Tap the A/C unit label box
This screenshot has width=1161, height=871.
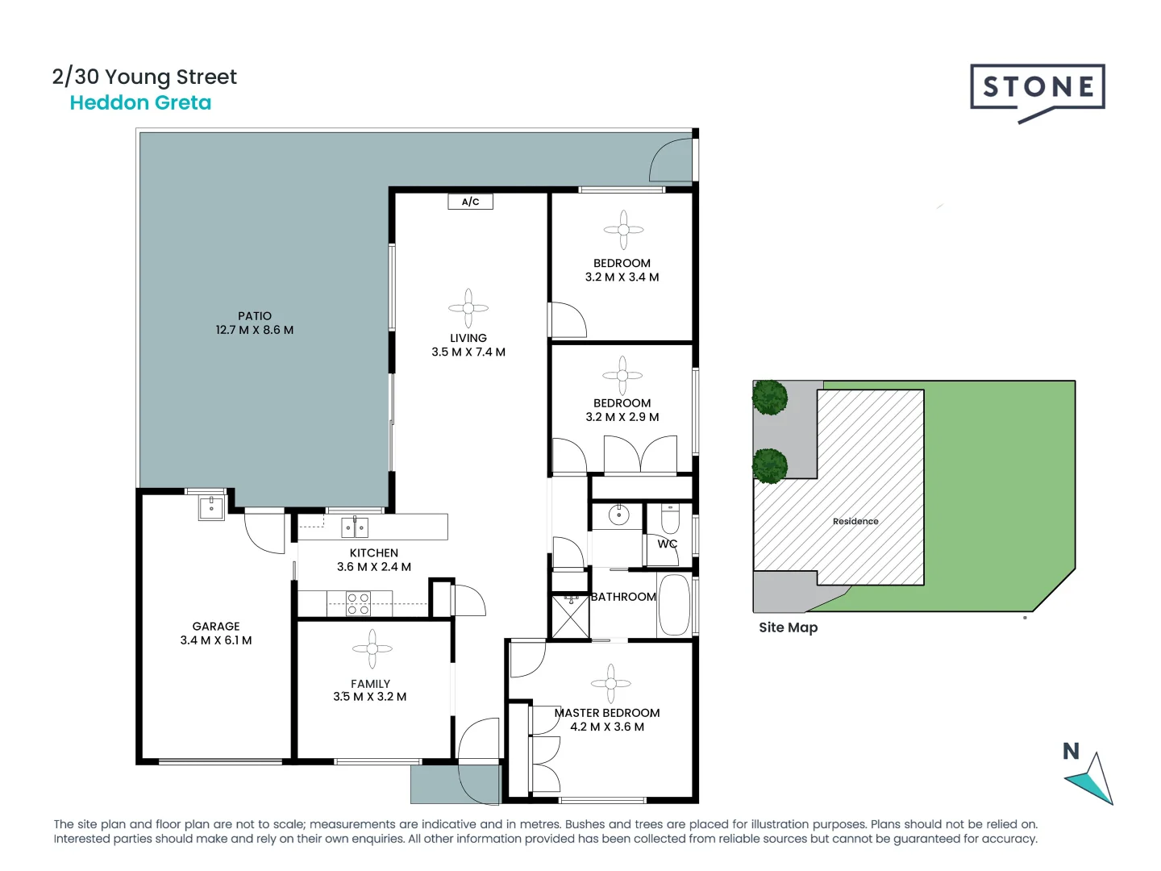click(470, 202)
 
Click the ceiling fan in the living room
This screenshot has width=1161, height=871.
click(468, 309)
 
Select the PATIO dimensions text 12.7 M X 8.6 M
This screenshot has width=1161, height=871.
click(254, 330)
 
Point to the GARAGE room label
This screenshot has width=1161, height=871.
click(215, 626)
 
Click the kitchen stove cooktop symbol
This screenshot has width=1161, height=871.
click(358, 604)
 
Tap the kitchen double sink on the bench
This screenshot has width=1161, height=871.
click(354, 527)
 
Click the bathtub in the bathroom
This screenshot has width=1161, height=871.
click(674, 605)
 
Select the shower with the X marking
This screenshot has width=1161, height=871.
click(570, 617)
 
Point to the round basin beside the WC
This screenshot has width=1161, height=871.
click(618, 514)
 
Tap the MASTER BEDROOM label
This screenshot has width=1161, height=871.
click(607, 713)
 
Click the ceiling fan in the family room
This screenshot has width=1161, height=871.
click(372, 648)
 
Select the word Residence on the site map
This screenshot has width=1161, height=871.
click(855, 521)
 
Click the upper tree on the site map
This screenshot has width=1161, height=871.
click(770, 398)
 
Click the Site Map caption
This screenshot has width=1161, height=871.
click(788, 627)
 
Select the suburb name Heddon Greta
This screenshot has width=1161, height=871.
click(140, 103)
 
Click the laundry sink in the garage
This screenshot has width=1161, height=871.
click(211, 507)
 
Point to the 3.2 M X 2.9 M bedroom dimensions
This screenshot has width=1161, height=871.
click(622, 417)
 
